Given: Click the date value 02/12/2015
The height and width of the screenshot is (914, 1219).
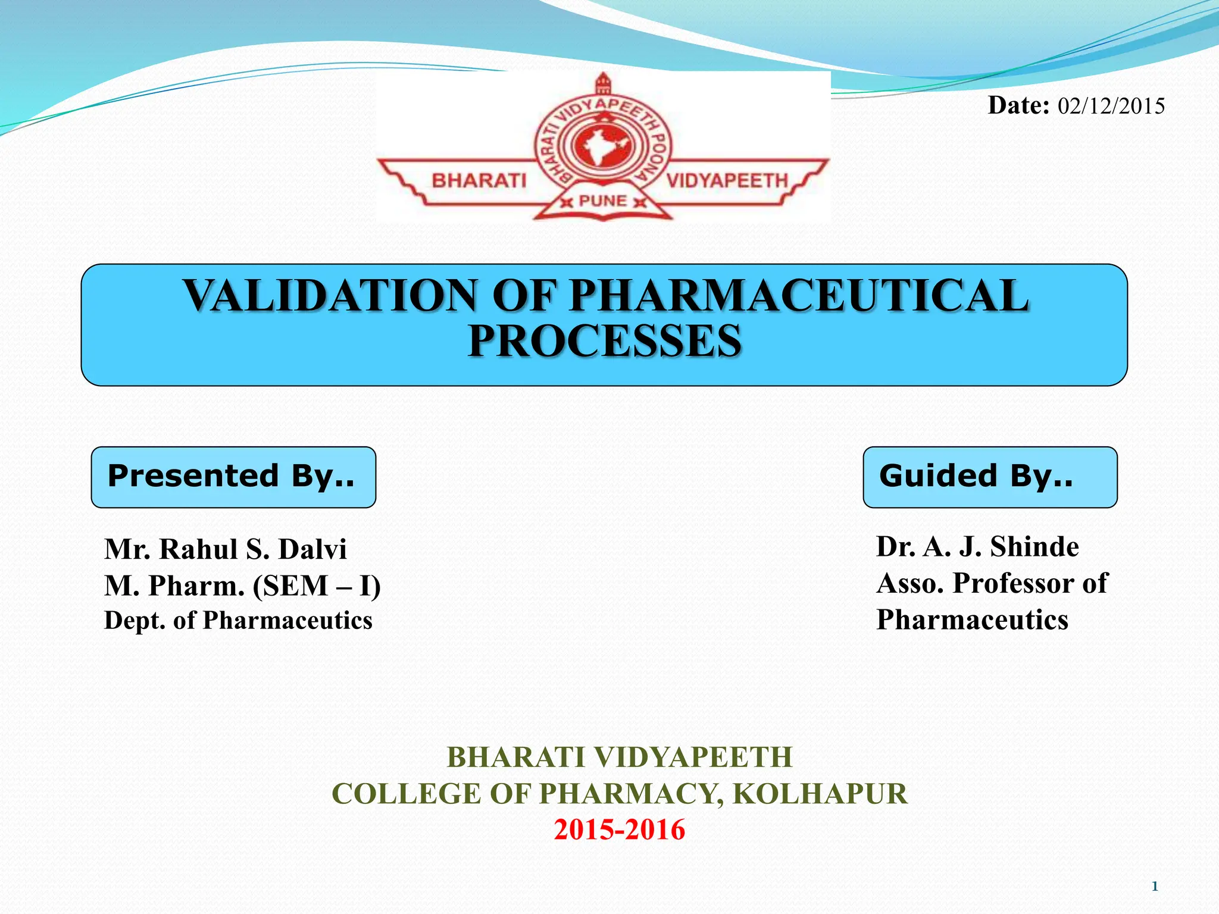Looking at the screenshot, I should (1111, 107).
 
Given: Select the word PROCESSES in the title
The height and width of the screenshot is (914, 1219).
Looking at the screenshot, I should (605, 341).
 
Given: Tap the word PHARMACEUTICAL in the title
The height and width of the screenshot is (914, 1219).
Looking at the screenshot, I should (799, 296).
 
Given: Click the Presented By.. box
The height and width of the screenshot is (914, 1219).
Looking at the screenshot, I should (233, 477).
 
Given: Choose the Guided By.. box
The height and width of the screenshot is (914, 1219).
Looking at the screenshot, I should (990, 477).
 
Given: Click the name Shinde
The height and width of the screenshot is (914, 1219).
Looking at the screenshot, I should (1034, 546).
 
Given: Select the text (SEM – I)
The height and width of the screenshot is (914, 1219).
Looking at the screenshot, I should (317, 586).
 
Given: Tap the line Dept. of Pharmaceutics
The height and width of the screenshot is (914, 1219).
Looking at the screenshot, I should (238, 620).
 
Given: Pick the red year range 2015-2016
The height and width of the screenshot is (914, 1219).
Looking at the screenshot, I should (619, 830).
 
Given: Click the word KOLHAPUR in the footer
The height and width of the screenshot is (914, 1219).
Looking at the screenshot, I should (820, 794).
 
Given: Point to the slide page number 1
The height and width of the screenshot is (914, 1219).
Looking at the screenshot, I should (1155, 887).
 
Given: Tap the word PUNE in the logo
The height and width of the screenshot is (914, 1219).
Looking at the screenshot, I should (603, 201).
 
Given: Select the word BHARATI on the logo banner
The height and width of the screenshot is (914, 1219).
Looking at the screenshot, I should (479, 180).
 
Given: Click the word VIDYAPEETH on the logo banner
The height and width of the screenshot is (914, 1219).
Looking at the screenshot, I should (727, 180).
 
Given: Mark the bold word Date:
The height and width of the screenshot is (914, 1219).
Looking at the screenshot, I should (1018, 105).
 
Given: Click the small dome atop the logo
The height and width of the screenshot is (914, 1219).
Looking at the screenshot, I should (603, 84).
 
